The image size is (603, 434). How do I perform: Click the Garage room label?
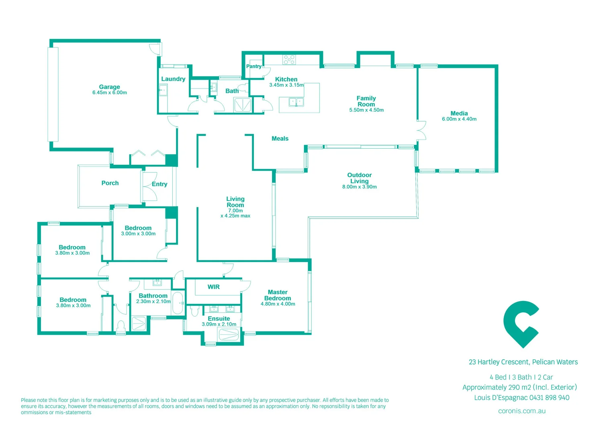109,87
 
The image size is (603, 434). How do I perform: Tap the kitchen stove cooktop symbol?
289,60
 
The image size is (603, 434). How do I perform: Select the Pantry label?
253,66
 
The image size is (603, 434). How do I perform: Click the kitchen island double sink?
296,102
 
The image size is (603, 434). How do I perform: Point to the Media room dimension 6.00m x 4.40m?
459,119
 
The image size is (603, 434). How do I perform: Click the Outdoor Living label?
359,178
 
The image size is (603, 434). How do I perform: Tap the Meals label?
280,139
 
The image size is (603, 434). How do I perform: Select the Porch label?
110,183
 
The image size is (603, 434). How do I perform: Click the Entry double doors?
149,187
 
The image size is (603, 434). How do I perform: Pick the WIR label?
213,287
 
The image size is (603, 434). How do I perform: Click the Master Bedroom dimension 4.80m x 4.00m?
278,304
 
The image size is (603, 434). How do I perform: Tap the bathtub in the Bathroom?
178,303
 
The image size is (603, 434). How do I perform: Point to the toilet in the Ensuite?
195,311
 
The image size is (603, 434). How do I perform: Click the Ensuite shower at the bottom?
229,335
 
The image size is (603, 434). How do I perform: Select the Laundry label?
173,79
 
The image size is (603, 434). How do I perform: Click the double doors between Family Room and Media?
421,130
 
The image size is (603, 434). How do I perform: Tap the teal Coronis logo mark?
521,324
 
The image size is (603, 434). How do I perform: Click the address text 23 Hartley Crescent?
499,362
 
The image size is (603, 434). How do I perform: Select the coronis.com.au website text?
521,411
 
